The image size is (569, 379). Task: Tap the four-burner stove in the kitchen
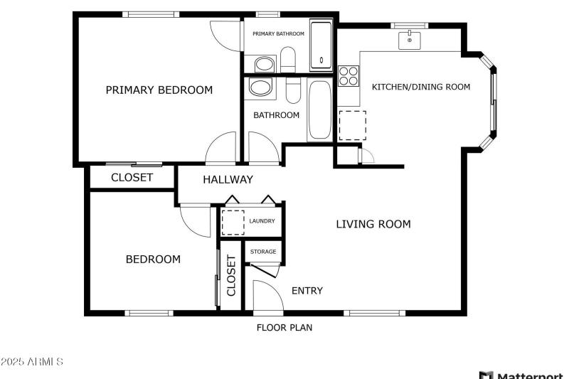tap(348, 75)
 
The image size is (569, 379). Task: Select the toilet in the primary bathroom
tap(288, 60)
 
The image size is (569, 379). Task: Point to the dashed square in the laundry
tap(233, 223)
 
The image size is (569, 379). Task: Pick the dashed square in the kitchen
tap(351, 125)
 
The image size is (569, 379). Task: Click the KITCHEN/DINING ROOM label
tap(421, 87)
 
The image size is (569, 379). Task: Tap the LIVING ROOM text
tap(373, 225)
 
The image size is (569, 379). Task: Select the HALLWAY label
tap(228, 180)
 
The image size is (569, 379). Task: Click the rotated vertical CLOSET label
tap(231, 275)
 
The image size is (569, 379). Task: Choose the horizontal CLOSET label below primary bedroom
tap(132, 178)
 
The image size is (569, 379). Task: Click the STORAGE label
tap(263, 252)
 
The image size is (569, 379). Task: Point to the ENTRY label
tap(307, 290)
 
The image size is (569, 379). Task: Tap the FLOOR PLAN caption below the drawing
tap(284, 328)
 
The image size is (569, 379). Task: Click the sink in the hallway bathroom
tap(259, 89)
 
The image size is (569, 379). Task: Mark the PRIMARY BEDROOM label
tap(159, 90)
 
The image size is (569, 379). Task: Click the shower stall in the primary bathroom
tap(321, 46)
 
